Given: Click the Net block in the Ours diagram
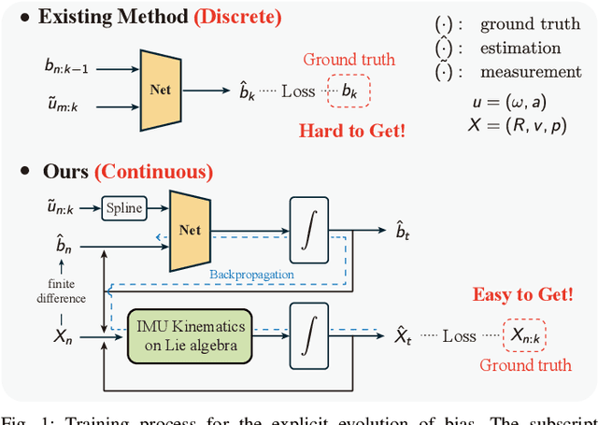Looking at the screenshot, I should [191, 229].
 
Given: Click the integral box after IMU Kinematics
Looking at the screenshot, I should [308, 334].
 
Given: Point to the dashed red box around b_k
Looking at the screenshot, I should [349, 91].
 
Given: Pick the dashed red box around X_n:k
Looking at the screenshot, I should [523, 334].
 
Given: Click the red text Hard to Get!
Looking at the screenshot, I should [352, 130].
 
